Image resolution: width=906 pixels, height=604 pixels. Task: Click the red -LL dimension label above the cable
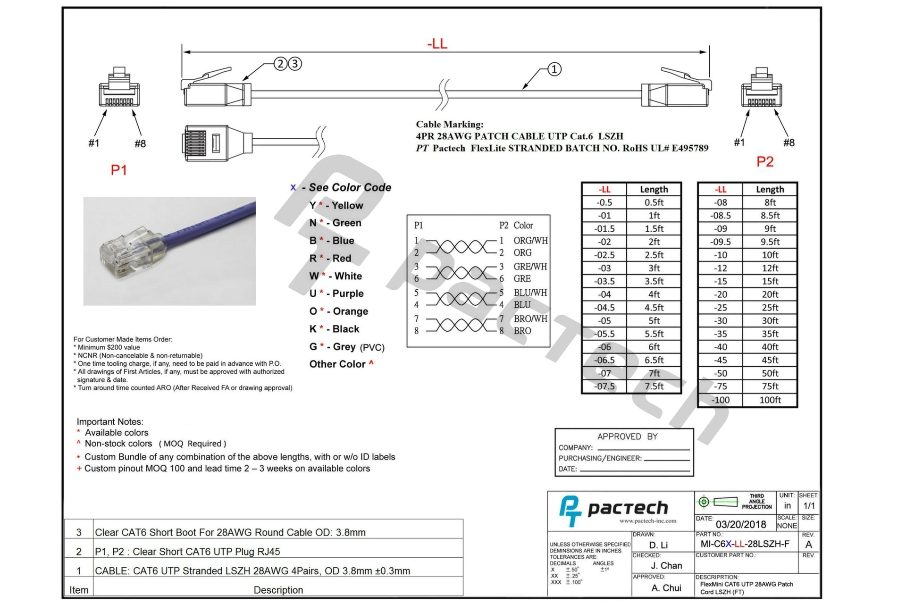[x=437, y=44]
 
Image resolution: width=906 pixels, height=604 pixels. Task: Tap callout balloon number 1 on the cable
[x=554, y=69]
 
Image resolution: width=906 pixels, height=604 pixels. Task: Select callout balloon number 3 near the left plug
[x=295, y=64]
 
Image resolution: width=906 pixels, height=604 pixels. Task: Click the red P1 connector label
[x=118, y=170]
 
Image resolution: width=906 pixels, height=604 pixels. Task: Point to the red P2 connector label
[x=764, y=162]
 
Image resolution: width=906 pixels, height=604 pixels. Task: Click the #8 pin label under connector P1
[x=140, y=143]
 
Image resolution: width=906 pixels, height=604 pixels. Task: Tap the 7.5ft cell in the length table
[x=654, y=386]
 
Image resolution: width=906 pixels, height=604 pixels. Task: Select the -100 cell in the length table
[x=720, y=400]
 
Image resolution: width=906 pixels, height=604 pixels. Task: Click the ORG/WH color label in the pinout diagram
[x=530, y=240]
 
